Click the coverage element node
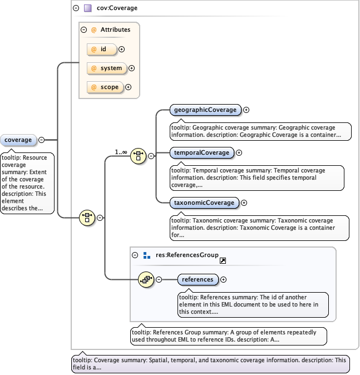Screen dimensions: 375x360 18,140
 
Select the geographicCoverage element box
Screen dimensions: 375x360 204,110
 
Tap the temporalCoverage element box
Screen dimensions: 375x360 201,152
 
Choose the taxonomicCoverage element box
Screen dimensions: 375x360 203,203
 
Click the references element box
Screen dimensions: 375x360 198,279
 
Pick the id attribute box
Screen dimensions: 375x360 102,50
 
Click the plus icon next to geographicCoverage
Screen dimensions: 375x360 246,110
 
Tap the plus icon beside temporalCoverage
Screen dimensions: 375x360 239,152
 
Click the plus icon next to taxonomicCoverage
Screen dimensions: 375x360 244,203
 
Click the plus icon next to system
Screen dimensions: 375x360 132,68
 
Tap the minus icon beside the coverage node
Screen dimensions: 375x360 41,140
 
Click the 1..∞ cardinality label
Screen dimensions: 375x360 121,152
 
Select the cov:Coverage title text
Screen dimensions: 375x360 117,8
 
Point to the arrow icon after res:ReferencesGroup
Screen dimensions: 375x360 223,260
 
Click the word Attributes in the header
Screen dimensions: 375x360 115,29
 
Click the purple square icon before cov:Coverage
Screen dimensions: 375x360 88,8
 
